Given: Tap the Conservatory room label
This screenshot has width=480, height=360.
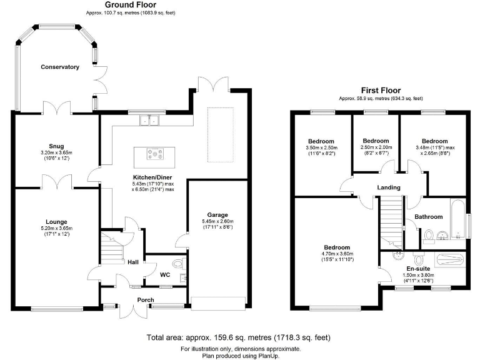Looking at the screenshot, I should point(60,67).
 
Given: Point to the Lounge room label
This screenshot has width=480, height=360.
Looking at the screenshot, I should point(56,222).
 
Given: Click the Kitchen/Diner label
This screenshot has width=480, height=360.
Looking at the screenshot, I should point(152,177).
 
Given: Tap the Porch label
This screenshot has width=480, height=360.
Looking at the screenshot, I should point(146,300).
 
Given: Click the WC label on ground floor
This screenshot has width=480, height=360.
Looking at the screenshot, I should point(165,274).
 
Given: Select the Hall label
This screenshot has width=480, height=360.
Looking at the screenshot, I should point(133,262).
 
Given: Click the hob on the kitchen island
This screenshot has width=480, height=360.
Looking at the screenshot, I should point(153,152).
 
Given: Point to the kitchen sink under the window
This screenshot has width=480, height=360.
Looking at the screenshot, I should point(150,120).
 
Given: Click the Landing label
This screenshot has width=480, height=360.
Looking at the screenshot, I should point(388,187).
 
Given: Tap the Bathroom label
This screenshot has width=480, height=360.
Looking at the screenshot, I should point(429,217).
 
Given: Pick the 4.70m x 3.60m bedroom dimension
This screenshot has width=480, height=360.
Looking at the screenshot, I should point(336,254).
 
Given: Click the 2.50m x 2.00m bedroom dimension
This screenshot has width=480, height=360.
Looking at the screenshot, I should point(376,147).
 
